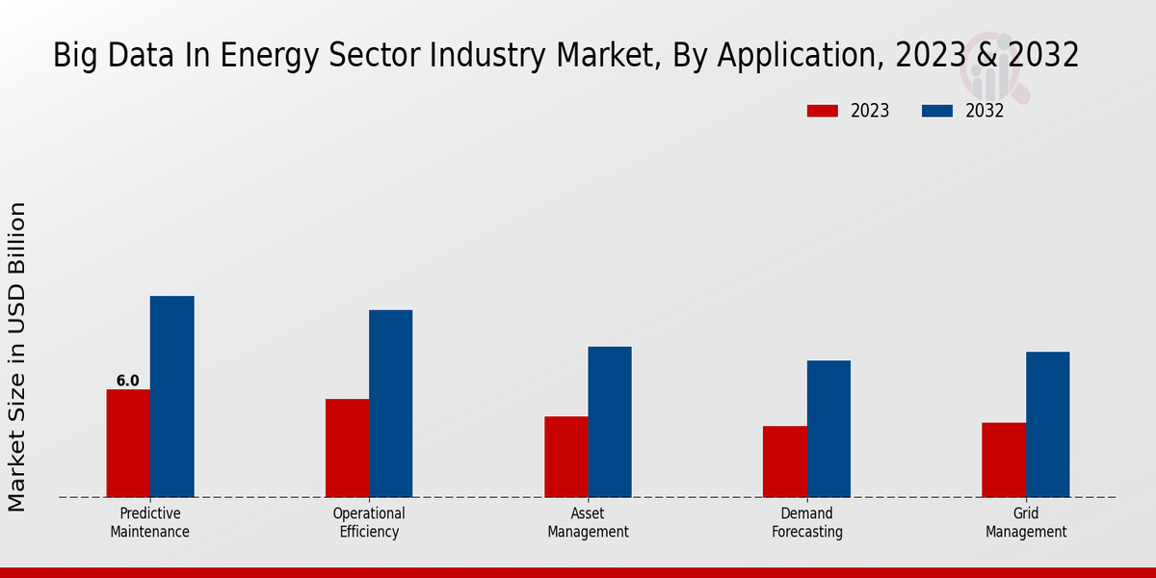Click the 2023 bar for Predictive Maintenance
[x=128, y=443]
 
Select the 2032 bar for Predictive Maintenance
[x=171, y=396]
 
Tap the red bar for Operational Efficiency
[x=347, y=448]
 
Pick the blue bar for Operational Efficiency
[x=390, y=404]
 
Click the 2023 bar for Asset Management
[x=565, y=457]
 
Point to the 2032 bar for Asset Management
[x=610, y=422]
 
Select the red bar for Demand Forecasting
[x=784, y=461]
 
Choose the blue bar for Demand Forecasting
[x=828, y=429]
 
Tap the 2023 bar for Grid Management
[x=1003, y=460]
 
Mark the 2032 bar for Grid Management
[x=1047, y=424]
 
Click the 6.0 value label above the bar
[x=128, y=381]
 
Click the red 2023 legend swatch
[x=822, y=111]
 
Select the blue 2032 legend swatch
[x=936, y=111]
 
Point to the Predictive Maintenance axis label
[x=149, y=522]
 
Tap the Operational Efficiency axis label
[x=369, y=522]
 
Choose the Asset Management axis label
[x=588, y=522]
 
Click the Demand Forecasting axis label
[x=807, y=522]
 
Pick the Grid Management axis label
[x=1026, y=522]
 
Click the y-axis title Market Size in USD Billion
[x=17, y=356]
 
